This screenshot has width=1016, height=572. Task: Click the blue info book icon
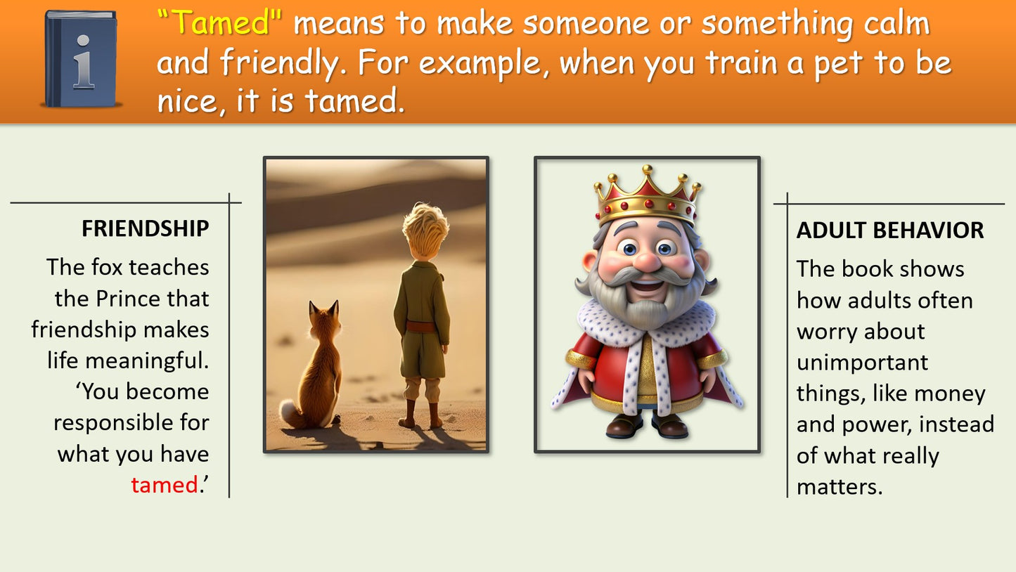pyautogui.click(x=81, y=59)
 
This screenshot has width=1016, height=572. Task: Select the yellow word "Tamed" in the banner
pyautogui.click(x=220, y=22)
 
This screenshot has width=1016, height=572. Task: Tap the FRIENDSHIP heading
pyautogui.click(x=145, y=228)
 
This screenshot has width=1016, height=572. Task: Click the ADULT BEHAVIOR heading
pyautogui.click(x=890, y=230)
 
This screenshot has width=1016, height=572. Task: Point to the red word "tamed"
pyautogui.click(x=165, y=485)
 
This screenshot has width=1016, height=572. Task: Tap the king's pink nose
pyautogui.click(x=647, y=261)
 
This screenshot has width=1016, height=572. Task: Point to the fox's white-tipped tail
pyautogui.click(x=290, y=413)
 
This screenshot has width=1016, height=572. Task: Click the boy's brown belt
pyautogui.click(x=421, y=327)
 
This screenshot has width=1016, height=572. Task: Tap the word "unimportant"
pyautogui.click(x=862, y=362)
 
